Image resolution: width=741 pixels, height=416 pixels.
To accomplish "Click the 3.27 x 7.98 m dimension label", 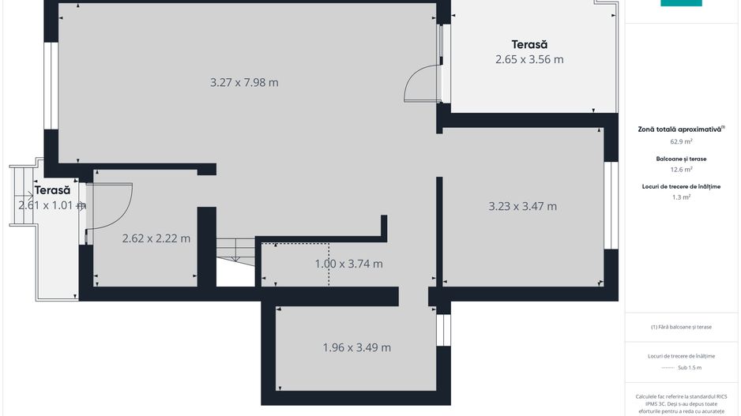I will click(244, 82).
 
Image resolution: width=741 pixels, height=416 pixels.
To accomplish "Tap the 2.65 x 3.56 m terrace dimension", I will click(529, 59).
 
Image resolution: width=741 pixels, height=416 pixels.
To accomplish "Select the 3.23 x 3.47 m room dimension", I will click(522, 207).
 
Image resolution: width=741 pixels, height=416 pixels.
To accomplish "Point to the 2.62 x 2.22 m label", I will click(156, 238).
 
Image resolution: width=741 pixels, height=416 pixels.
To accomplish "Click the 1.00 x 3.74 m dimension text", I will click(348, 264).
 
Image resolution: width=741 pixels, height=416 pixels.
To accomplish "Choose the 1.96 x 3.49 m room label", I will click(356, 347).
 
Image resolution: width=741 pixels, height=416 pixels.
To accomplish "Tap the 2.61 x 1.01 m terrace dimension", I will click(51, 205).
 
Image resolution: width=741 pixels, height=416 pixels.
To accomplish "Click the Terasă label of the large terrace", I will click(529, 44).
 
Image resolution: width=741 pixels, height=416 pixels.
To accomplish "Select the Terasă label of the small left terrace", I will click(52, 190).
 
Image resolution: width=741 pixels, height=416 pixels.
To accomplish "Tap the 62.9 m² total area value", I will click(681, 142).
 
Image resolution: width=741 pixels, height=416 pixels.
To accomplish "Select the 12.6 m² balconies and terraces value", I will click(681, 169).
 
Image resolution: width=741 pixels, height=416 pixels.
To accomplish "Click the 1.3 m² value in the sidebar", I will click(681, 197).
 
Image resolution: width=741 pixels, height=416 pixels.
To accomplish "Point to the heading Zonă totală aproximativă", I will click(681, 129).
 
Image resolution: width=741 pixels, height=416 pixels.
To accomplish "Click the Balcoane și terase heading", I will click(681, 159).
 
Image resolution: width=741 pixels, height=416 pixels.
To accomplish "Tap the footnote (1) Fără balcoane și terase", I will click(681, 327).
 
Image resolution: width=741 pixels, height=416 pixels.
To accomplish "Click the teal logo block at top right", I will click(681, 3).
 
